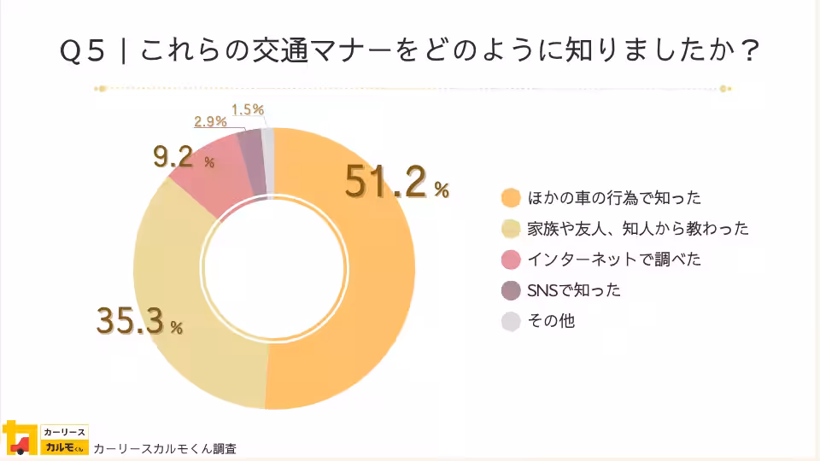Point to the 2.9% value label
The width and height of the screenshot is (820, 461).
(x=209, y=122)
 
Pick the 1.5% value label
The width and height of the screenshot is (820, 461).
(x=248, y=109)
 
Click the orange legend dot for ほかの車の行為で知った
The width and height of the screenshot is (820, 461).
(x=511, y=198)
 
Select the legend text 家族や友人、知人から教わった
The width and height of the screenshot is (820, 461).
(x=638, y=229)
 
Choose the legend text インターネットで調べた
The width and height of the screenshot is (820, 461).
(x=614, y=260)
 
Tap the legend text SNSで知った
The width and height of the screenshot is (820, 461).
(x=574, y=290)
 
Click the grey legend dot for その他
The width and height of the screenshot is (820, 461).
(x=511, y=321)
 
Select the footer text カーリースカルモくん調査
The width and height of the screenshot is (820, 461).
(x=165, y=448)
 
